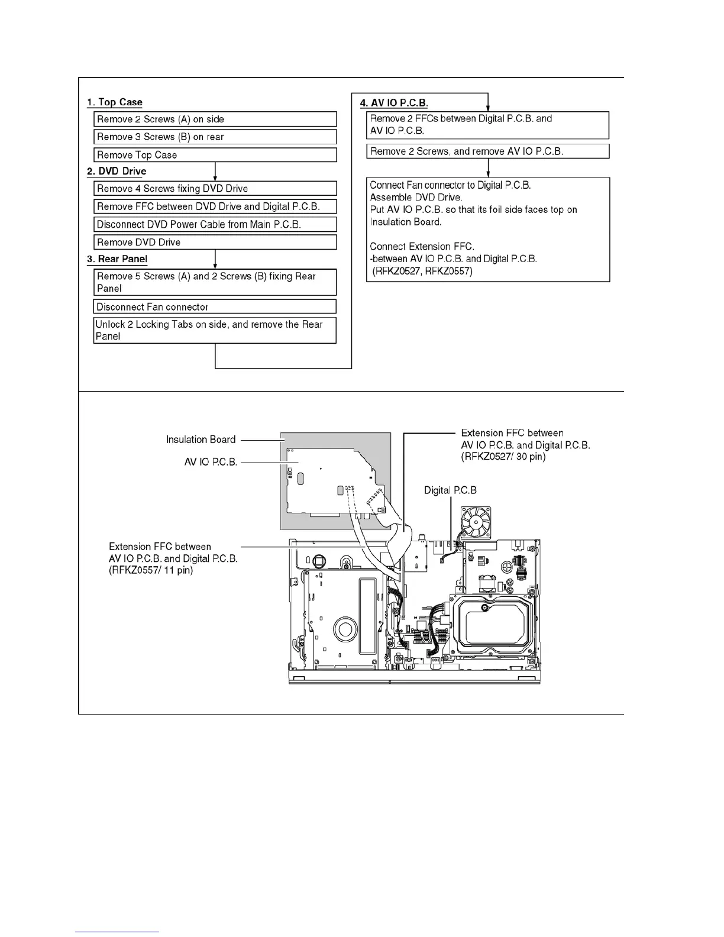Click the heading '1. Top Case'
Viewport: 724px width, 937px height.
[x=115, y=102]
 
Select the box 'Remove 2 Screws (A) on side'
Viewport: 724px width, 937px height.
[x=215, y=119]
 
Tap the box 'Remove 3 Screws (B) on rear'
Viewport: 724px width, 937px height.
[x=215, y=137]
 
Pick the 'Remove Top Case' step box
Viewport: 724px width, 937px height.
[x=215, y=155]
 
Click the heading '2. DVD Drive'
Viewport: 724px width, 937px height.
[x=117, y=172]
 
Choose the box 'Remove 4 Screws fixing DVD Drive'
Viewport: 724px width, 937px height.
[x=215, y=189]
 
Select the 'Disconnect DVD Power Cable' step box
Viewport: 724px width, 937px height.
[x=215, y=225]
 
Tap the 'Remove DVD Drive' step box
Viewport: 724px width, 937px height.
[x=215, y=243]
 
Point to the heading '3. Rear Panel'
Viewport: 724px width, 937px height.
[x=117, y=259]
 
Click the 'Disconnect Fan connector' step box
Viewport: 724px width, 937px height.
[x=215, y=307]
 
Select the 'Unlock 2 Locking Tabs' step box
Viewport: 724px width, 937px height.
[x=215, y=330]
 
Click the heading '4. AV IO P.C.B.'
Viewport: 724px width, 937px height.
[x=394, y=102]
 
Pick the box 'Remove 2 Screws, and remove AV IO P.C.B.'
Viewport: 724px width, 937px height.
[x=487, y=151]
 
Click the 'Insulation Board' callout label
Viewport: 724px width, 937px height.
[x=201, y=440]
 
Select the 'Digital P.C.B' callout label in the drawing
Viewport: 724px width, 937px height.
[x=450, y=490]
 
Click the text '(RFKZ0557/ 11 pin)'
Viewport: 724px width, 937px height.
[x=151, y=571]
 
